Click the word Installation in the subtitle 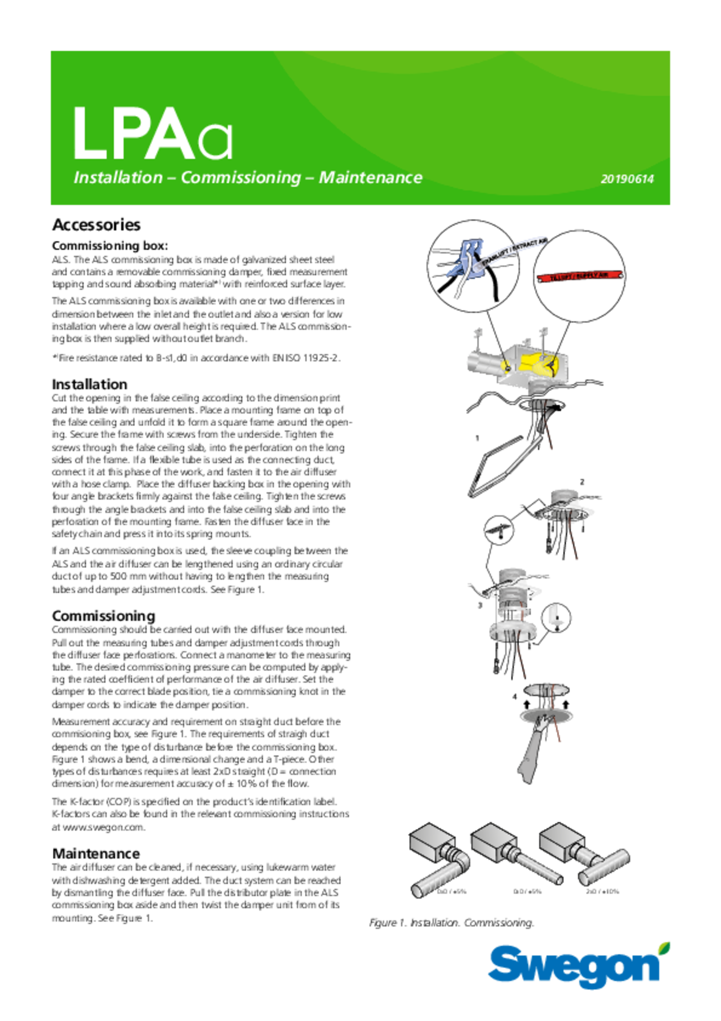click(x=118, y=178)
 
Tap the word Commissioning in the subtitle click(x=241, y=178)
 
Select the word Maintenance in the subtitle click(x=370, y=178)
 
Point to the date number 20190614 click(x=627, y=179)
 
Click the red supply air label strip click(x=580, y=276)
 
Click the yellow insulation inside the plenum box click(x=538, y=363)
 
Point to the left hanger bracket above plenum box click(x=478, y=334)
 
